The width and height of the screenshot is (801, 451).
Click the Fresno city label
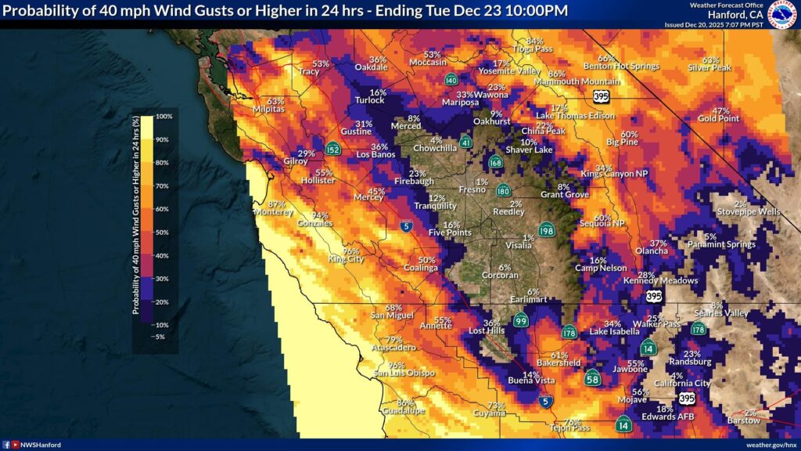472,189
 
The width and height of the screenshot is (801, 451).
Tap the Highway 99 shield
521,320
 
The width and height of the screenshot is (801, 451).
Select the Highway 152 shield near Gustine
333,150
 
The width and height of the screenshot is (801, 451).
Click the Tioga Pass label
533,49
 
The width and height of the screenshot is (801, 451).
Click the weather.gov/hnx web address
770,444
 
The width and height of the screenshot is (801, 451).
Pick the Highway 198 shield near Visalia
547,230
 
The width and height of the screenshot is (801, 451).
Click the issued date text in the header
713,25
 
